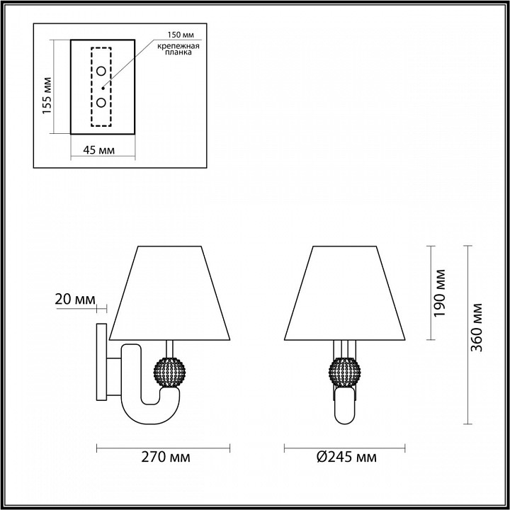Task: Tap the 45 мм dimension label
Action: pos(98,150)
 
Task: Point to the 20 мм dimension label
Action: pos(74,300)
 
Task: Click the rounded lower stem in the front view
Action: pos(344,408)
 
